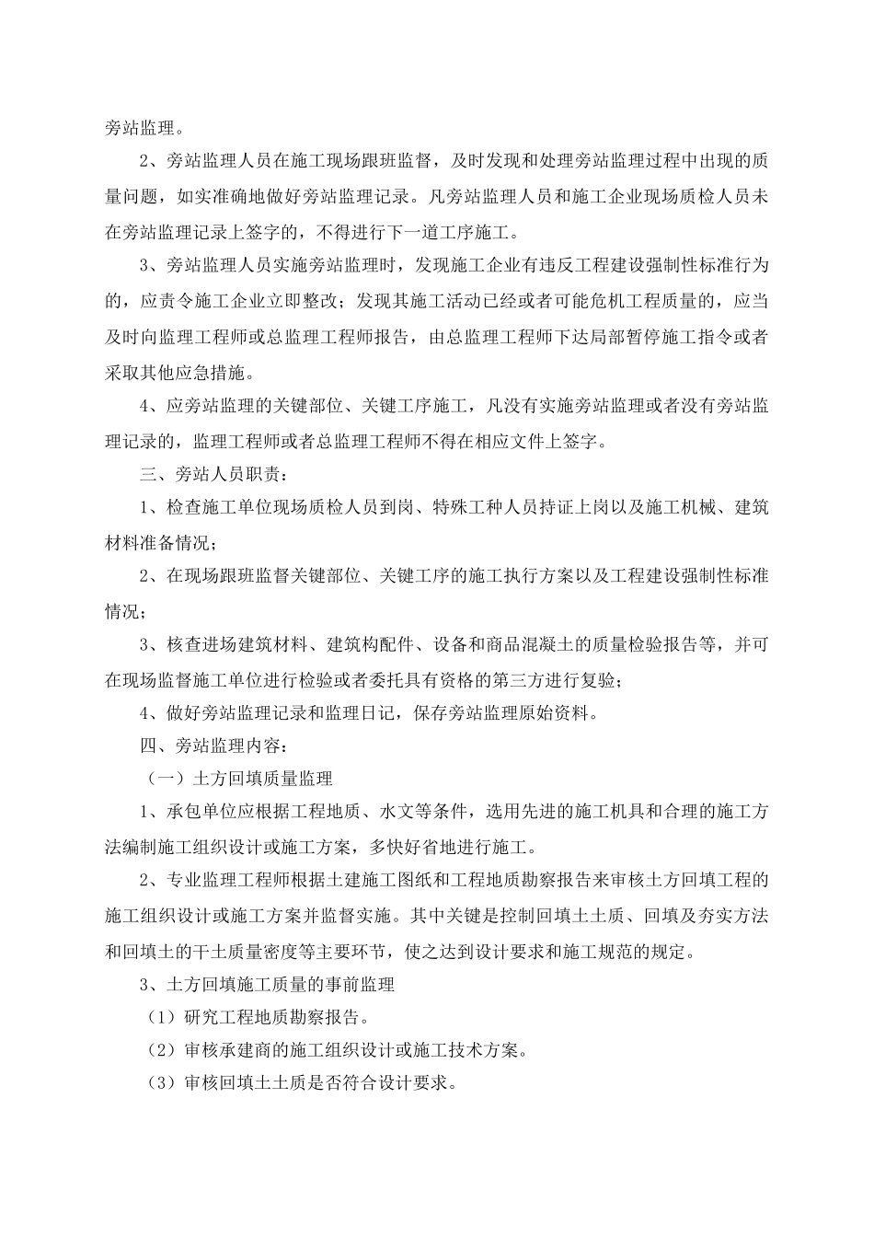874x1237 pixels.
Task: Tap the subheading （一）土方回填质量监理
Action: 241,779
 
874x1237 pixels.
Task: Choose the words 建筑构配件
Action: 374,644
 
